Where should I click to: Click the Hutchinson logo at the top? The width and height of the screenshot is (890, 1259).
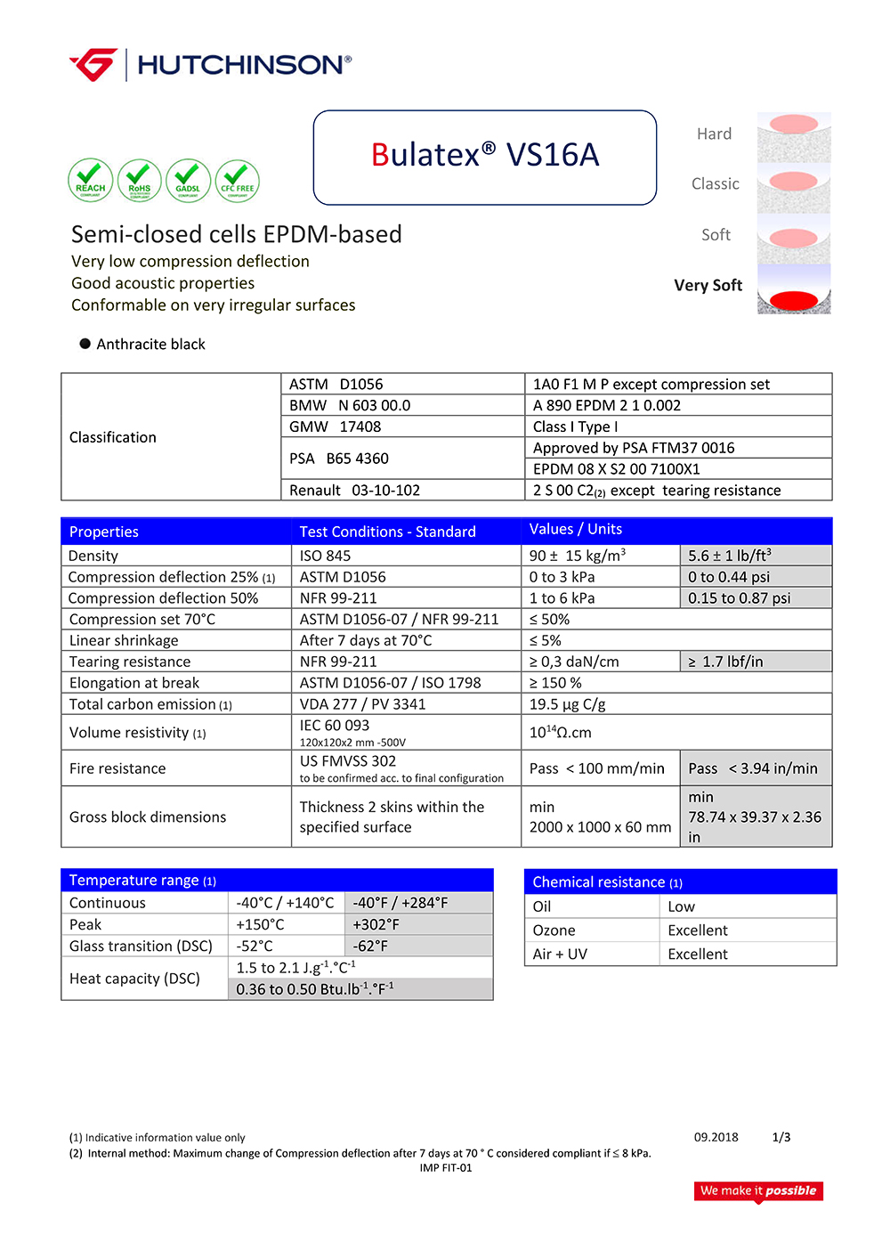(x=211, y=65)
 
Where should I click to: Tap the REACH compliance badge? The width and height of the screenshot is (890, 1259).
(x=91, y=181)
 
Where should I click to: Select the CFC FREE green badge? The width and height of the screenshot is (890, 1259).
(x=238, y=182)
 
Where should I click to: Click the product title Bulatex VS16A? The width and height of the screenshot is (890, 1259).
(x=485, y=156)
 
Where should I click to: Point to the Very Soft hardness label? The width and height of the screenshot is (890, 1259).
(x=708, y=286)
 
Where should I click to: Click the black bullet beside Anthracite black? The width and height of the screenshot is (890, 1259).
(x=85, y=344)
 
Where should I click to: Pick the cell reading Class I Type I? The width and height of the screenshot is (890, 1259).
(x=576, y=426)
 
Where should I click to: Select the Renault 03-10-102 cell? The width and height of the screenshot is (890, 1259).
(x=354, y=491)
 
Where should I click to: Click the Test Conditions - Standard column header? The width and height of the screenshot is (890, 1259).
(x=387, y=532)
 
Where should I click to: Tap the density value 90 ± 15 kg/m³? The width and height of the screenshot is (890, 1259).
(x=577, y=556)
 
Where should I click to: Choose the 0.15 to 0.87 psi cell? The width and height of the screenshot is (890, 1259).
(x=739, y=598)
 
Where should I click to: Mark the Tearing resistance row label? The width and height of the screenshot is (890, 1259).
(x=130, y=662)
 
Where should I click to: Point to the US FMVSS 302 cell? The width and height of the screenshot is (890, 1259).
(x=348, y=761)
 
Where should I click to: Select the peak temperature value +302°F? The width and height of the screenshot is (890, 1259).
(x=376, y=924)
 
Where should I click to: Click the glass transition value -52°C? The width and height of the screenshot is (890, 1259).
(x=255, y=946)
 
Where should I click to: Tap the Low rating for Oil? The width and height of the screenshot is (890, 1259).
(x=681, y=906)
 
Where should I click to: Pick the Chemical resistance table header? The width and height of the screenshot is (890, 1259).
(x=607, y=882)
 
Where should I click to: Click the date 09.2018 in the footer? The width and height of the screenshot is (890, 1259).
(x=716, y=1137)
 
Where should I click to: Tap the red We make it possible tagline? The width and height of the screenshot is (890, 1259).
(x=758, y=1190)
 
